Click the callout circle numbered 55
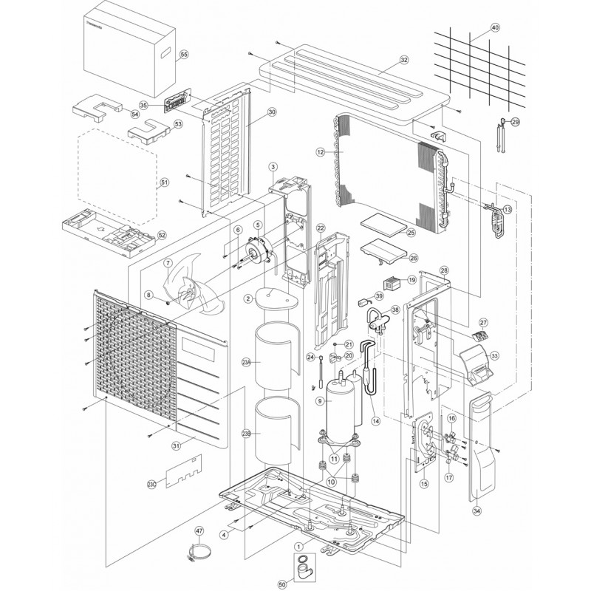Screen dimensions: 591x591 [x=183, y=55]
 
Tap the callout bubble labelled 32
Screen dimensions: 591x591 [x=403, y=59]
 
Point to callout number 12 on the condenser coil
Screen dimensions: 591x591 [x=320, y=152]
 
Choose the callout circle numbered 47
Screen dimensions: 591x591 [x=198, y=530]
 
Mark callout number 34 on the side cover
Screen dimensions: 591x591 [x=476, y=510]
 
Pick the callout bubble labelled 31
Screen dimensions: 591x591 [x=177, y=445]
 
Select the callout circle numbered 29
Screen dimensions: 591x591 [x=515, y=122]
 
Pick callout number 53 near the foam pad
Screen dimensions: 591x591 [x=178, y=125]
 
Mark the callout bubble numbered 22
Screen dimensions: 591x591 [x=321, y=228]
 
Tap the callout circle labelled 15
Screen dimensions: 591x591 [x=423, y=484]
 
